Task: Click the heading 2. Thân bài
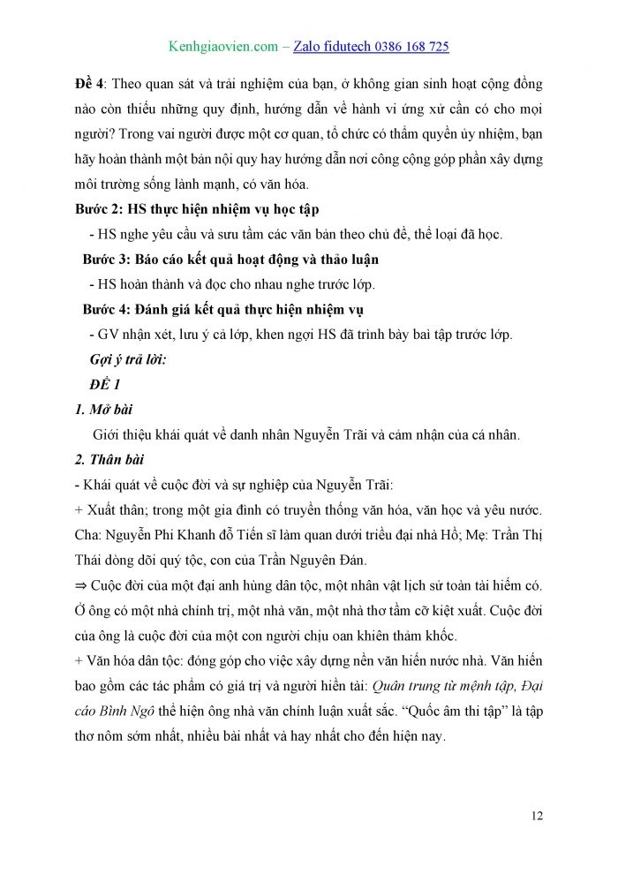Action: (109, 460)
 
